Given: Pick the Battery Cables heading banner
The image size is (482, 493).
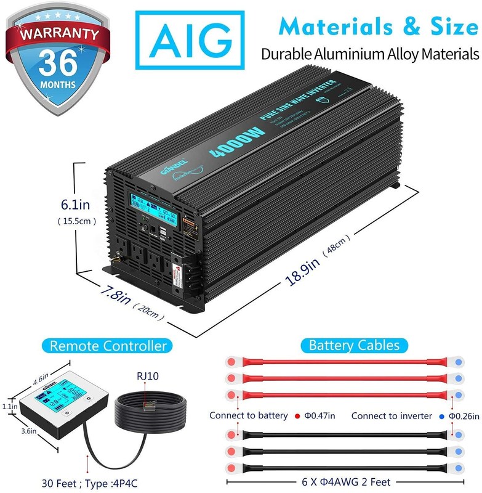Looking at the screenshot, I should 355,346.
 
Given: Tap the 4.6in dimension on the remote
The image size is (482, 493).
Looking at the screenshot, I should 40,372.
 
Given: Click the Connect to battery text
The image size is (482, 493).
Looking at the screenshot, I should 249,416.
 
